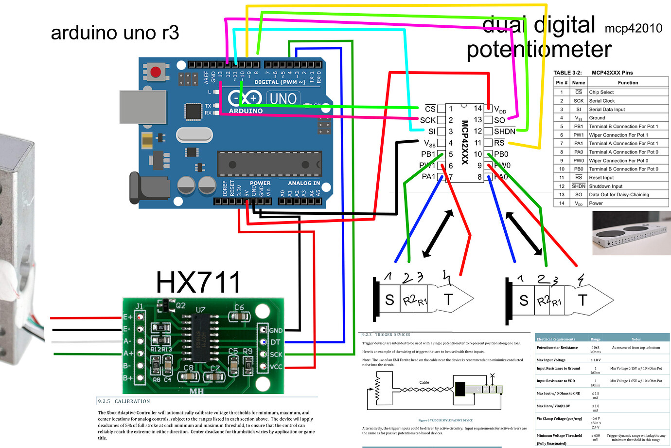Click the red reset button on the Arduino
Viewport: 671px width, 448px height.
[156, 73]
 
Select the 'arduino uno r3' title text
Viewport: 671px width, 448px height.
[115, 33]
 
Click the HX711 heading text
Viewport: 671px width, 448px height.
[198, 282]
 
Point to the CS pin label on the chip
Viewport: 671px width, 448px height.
[430, 109]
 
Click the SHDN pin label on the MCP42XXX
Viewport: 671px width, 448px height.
[504, 131]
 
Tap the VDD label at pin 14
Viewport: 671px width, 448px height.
[500, 110]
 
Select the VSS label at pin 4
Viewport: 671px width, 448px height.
[430, 143]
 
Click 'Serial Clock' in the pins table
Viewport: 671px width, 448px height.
[601, 101]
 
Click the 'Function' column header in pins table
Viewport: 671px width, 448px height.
[628, 83]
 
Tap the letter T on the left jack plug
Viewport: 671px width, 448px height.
[448, 299]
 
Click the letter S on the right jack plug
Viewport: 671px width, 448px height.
[523, 300]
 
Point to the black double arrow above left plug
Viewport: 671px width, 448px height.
[438, 234]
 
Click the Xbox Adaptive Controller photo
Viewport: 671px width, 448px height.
[631, 233]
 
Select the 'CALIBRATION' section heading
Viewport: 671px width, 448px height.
[132, 401]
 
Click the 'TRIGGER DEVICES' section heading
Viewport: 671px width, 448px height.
[392, 335]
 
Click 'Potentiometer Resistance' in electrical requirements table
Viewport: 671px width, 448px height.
[557, 348]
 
